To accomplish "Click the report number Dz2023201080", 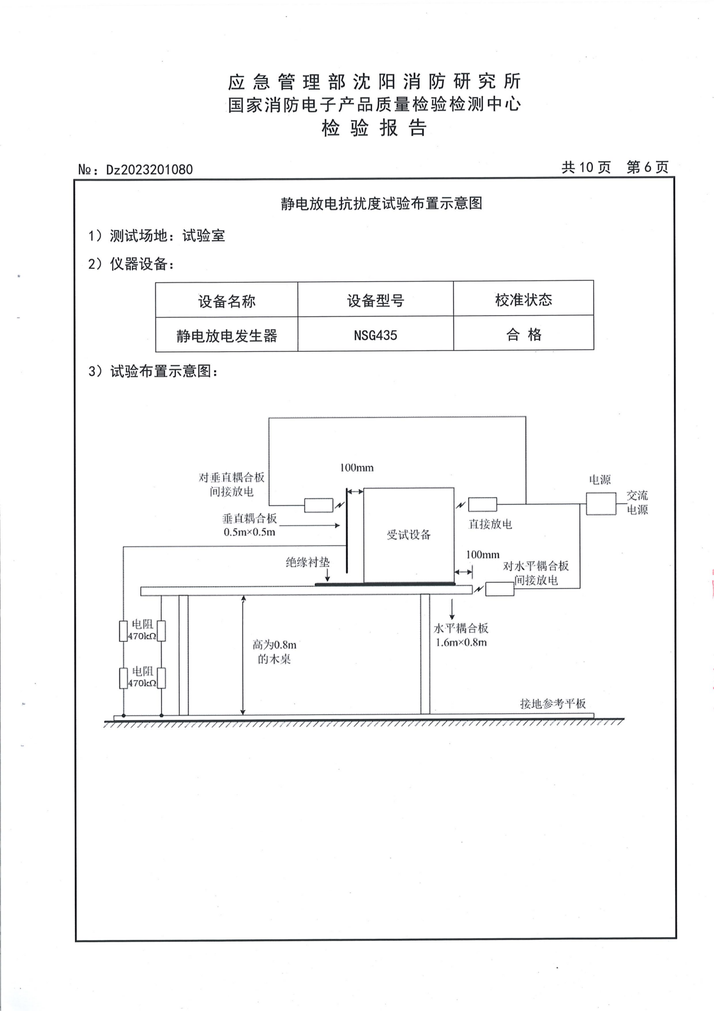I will point(149,170).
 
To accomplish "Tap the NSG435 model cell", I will point(375,335).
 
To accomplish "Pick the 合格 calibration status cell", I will point(524,335).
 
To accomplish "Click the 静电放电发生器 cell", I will point(227,336).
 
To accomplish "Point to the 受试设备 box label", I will point(409,535).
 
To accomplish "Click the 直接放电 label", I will point(490,524).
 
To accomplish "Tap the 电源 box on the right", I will point(601,504).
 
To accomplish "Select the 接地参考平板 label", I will point(553,703).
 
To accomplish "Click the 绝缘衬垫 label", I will point(308,562).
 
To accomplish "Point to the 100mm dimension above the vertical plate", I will point(357,467).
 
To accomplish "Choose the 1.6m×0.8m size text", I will point(461,643).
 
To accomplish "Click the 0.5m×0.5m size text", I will point(250,532).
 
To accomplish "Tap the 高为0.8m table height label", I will point(274,644).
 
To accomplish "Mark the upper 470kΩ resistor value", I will point(142,636).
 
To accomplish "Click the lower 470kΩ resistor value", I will point(142,683).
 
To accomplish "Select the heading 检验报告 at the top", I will point(374,128).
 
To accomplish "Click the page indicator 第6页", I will point(648,167).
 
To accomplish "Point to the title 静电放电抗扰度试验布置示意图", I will point(382,204).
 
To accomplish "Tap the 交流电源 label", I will point(637,502).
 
